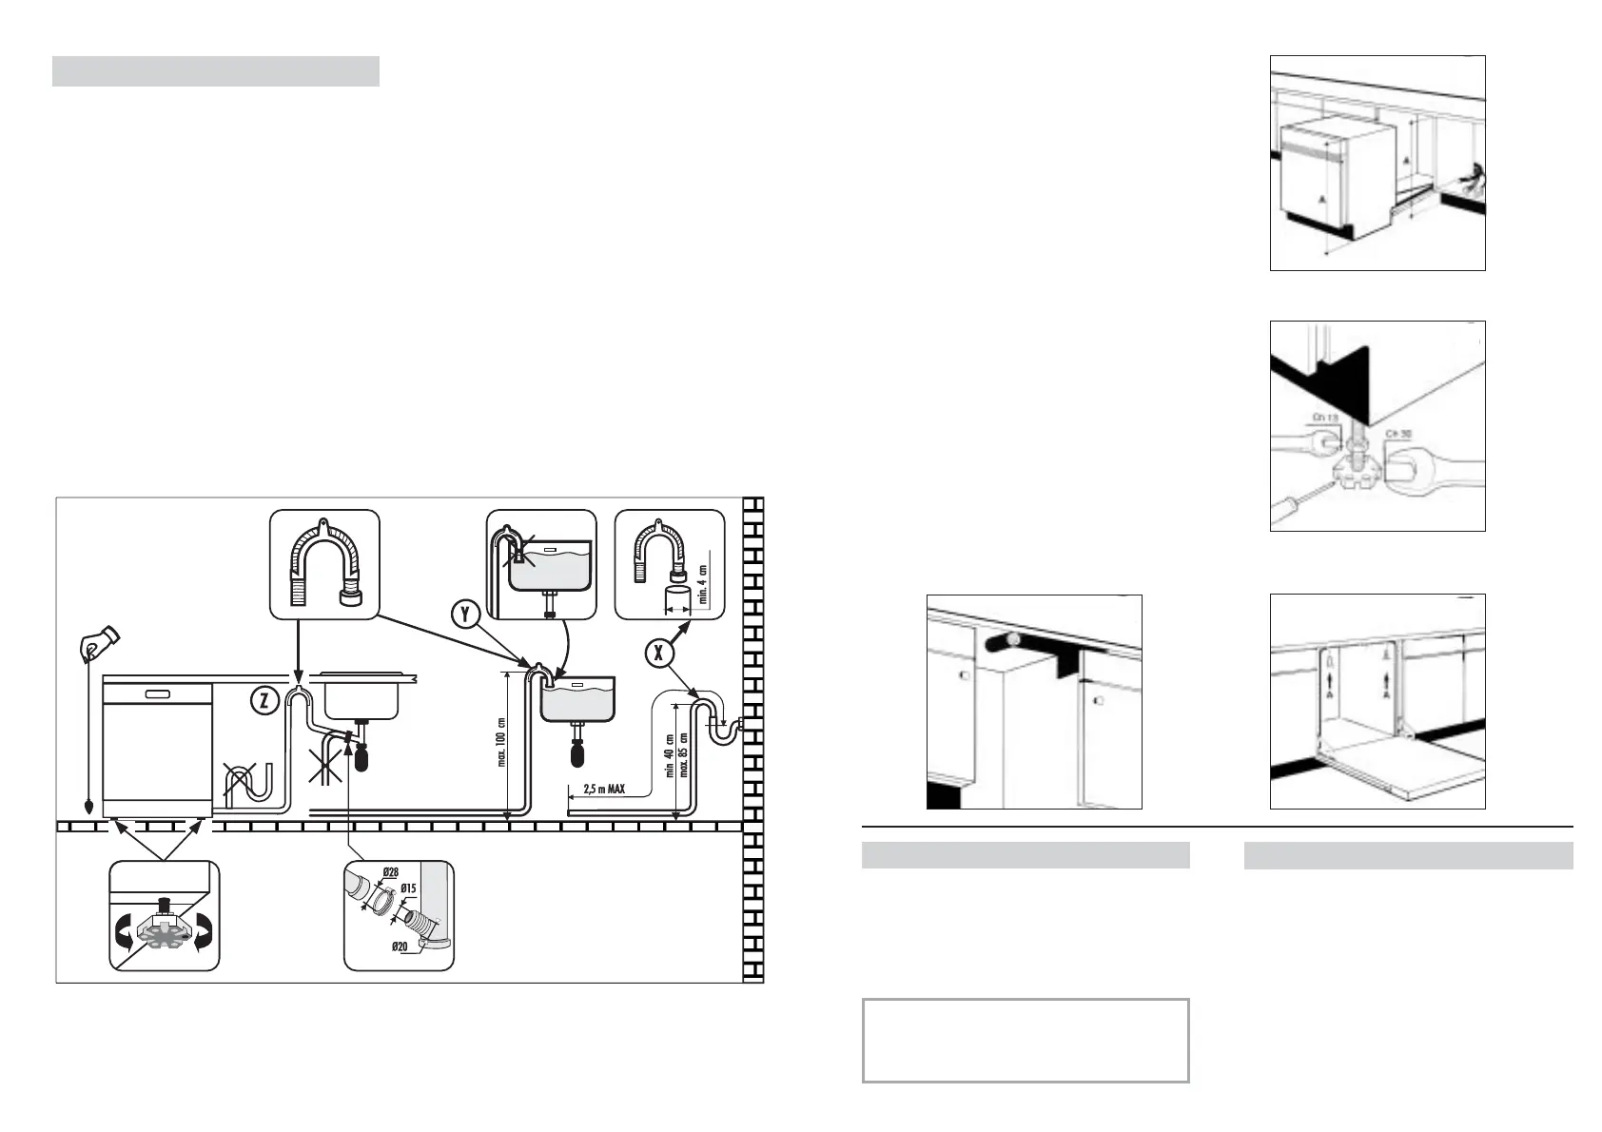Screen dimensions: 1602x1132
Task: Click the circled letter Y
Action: tap(465, 614)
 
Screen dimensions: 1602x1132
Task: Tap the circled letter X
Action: tap(658, 653)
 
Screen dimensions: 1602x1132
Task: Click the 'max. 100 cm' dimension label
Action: tap(501, 742)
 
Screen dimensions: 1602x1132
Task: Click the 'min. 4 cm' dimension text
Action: tap(703, 584)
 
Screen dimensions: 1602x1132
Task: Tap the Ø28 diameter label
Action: tap(390, 871)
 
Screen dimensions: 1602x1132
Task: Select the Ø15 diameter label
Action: tap(408, 888)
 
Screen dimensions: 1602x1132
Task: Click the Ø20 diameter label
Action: tap(400, 947)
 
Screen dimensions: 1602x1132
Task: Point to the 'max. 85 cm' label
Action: tap(683, 755)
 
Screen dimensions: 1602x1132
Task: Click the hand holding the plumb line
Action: tap(97, 643)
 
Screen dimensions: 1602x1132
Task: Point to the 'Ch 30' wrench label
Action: tap(1398, 434)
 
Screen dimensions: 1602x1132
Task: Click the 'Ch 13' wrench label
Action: tap(1324, 418)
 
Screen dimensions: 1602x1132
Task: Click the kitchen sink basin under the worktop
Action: tap(361, 699)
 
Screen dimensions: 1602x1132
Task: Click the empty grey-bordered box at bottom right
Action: tap(1026, 1040)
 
